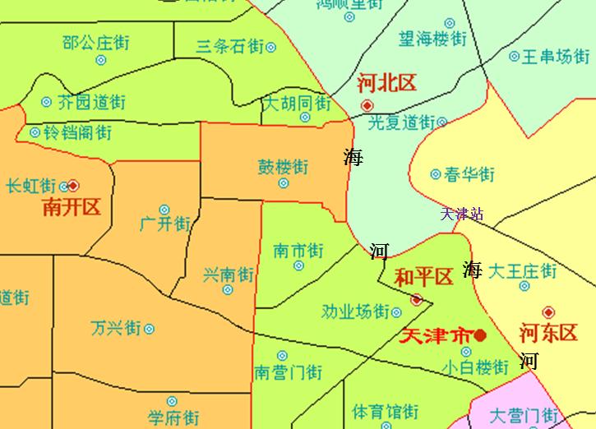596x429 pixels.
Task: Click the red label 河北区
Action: (x=387, y=83)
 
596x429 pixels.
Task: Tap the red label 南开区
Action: (x=72, y=206)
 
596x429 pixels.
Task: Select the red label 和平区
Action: (x=424, y=277)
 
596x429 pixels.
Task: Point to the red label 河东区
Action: (x=549, y=333)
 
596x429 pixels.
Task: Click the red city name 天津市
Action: (x=435, y=335)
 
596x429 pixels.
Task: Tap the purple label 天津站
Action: (x=461, y=214)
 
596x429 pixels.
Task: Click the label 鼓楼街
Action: (x=284, y=166)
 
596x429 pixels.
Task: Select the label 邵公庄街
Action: (x=96, y=42)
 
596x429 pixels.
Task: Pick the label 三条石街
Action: (x=230, y=47)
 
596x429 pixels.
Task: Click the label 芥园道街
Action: (x=91, y=103)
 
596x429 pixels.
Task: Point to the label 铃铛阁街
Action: (x=76, y=131)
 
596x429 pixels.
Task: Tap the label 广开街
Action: (x=164, y=224)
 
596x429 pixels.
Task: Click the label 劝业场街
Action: (x=355, y=311)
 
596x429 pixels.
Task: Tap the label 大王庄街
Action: (x=522, y=270)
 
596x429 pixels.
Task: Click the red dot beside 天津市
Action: (x=480, y=335)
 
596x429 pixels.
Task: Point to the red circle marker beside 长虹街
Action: (x=73, y=185)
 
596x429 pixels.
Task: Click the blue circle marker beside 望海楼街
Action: (x=450, y=23)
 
